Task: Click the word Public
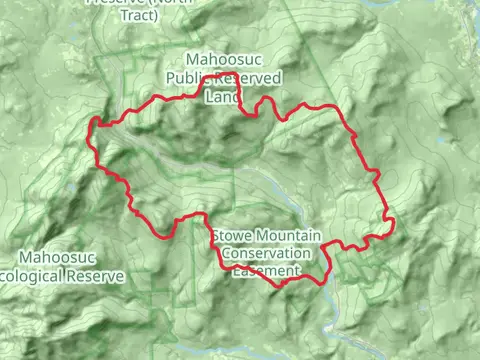[186, 78]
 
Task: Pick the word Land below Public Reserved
[222, 97]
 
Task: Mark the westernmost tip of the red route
[92, 127]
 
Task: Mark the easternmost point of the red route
[393, 220]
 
